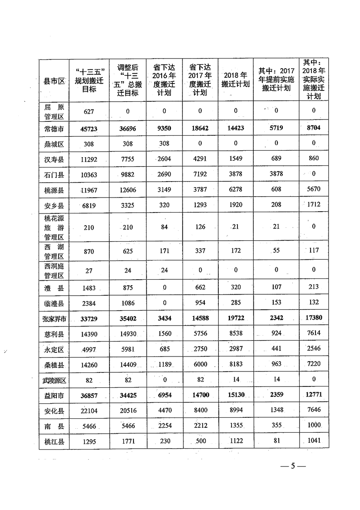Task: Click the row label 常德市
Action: (x=54, y=129)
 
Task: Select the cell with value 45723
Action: (x=89, y=129)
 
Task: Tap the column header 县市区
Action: (x=54, y=81)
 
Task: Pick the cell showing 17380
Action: (x=314, y=318)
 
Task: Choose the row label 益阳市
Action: (x=54, y=396)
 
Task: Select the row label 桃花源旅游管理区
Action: (x=54, y=227)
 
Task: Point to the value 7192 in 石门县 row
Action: (x=200, y=173)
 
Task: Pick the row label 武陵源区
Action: (x=54, y=380)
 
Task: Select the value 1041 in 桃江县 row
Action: (x=314, y=441)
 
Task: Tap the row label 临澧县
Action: (x=54, y=302)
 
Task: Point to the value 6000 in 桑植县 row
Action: (x=200, y=365)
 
